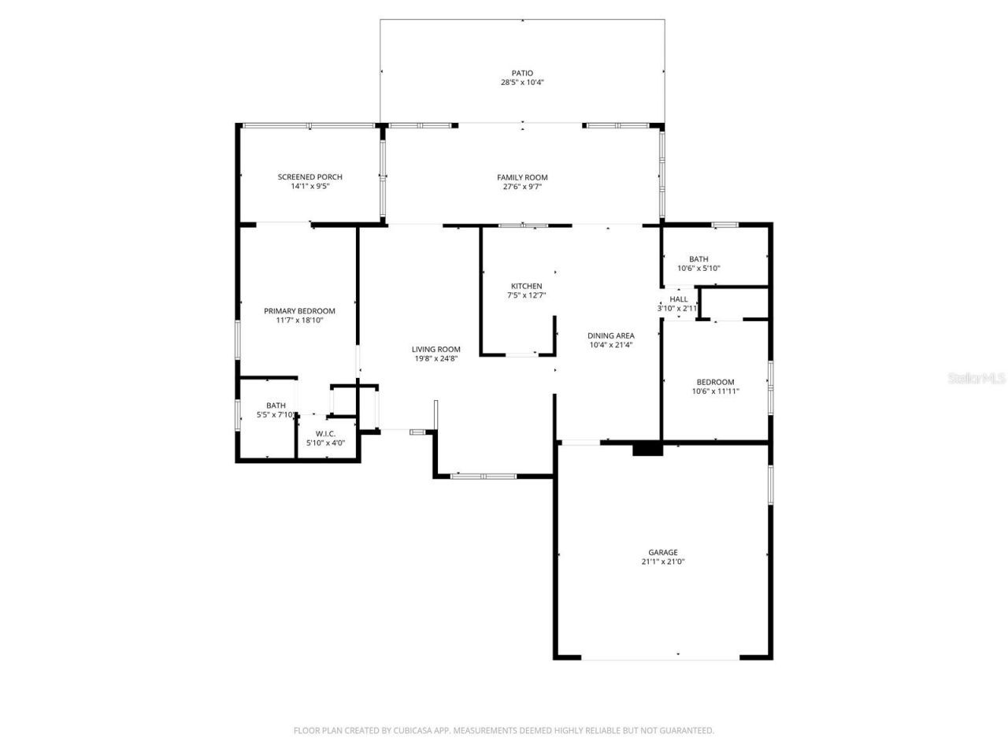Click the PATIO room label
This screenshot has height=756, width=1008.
pyautogui.click(x=522, y=73)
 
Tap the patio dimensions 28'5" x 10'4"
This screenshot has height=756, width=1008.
pyautogui.click(x=522, y=83)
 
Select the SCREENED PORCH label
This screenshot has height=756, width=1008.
pyautogui.click(x=310, y=176)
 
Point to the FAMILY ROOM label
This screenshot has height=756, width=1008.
pyautogui.click(x=522, y=177)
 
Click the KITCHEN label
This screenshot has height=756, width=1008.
pyautogui.click(x=526, y=286)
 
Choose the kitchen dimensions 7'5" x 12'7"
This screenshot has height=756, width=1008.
pyautogui.click(x=526, y=295)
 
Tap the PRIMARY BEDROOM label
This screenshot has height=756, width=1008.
pyautogui.click(x=299, y=311)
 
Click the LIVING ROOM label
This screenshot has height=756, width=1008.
pyautogui.click(x=435, y=350)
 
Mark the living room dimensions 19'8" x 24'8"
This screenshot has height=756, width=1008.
pyautogui.click(x=435, y=358)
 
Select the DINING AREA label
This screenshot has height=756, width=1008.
pyautogui.click(x=611, y=335)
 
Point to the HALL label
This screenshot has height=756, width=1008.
pyautogui.click(x=678, y=299)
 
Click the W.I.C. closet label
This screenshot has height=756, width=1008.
pyautogui.click(x=325, y=434)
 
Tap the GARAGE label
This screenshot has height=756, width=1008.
pyautogui.click(x=662, y=552)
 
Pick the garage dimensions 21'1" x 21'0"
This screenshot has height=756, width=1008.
pyautogui.click(x=662, y=561)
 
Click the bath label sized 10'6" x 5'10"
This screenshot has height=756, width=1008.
pyautogui.click(x=699, y=259)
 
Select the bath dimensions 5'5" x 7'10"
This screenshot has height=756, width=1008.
pyautogui.click(x=276, y=415)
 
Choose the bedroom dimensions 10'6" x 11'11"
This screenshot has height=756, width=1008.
pyautogui.click(x=715, y=391)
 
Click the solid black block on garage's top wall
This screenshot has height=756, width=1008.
pyautogui.click(x=647, y=448)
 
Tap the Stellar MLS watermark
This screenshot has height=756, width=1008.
pyautogui.click(x=976, y=379)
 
